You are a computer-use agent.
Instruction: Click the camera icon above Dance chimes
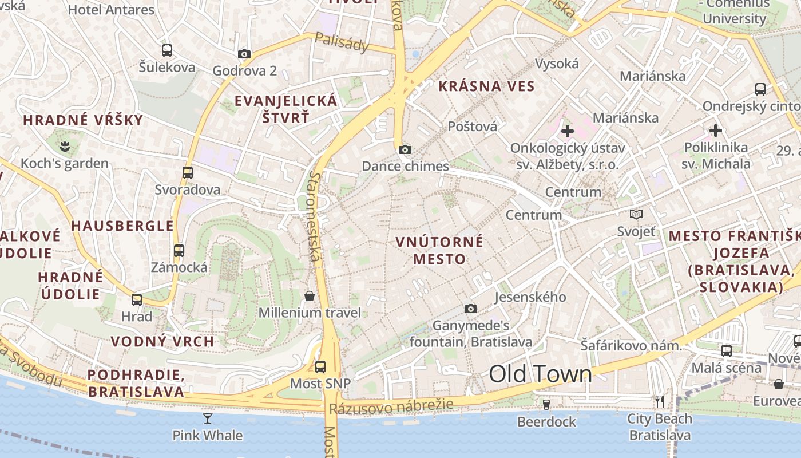405,150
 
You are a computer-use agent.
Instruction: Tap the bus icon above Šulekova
166,50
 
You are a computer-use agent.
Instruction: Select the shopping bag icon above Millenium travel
310,296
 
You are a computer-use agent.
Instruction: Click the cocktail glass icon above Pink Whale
208,418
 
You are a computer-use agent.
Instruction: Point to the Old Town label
540,374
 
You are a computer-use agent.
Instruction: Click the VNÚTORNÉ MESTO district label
439,250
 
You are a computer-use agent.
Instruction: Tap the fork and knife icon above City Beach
660,402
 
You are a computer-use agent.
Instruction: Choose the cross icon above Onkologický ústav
567,131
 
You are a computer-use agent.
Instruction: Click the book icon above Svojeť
636,215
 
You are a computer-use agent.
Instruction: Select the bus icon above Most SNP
320,367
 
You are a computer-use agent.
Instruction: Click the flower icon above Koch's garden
65,147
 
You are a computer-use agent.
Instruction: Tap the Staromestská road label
315,216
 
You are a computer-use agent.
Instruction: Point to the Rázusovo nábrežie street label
391,407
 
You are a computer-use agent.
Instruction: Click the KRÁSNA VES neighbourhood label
486,86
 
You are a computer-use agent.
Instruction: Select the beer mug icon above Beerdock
546,405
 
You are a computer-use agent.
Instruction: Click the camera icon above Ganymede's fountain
470,309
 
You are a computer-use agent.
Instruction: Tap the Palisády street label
342,42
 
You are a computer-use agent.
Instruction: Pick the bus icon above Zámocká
179,250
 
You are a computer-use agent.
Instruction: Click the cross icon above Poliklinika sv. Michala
715,131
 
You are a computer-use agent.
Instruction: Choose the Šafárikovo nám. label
631,345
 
